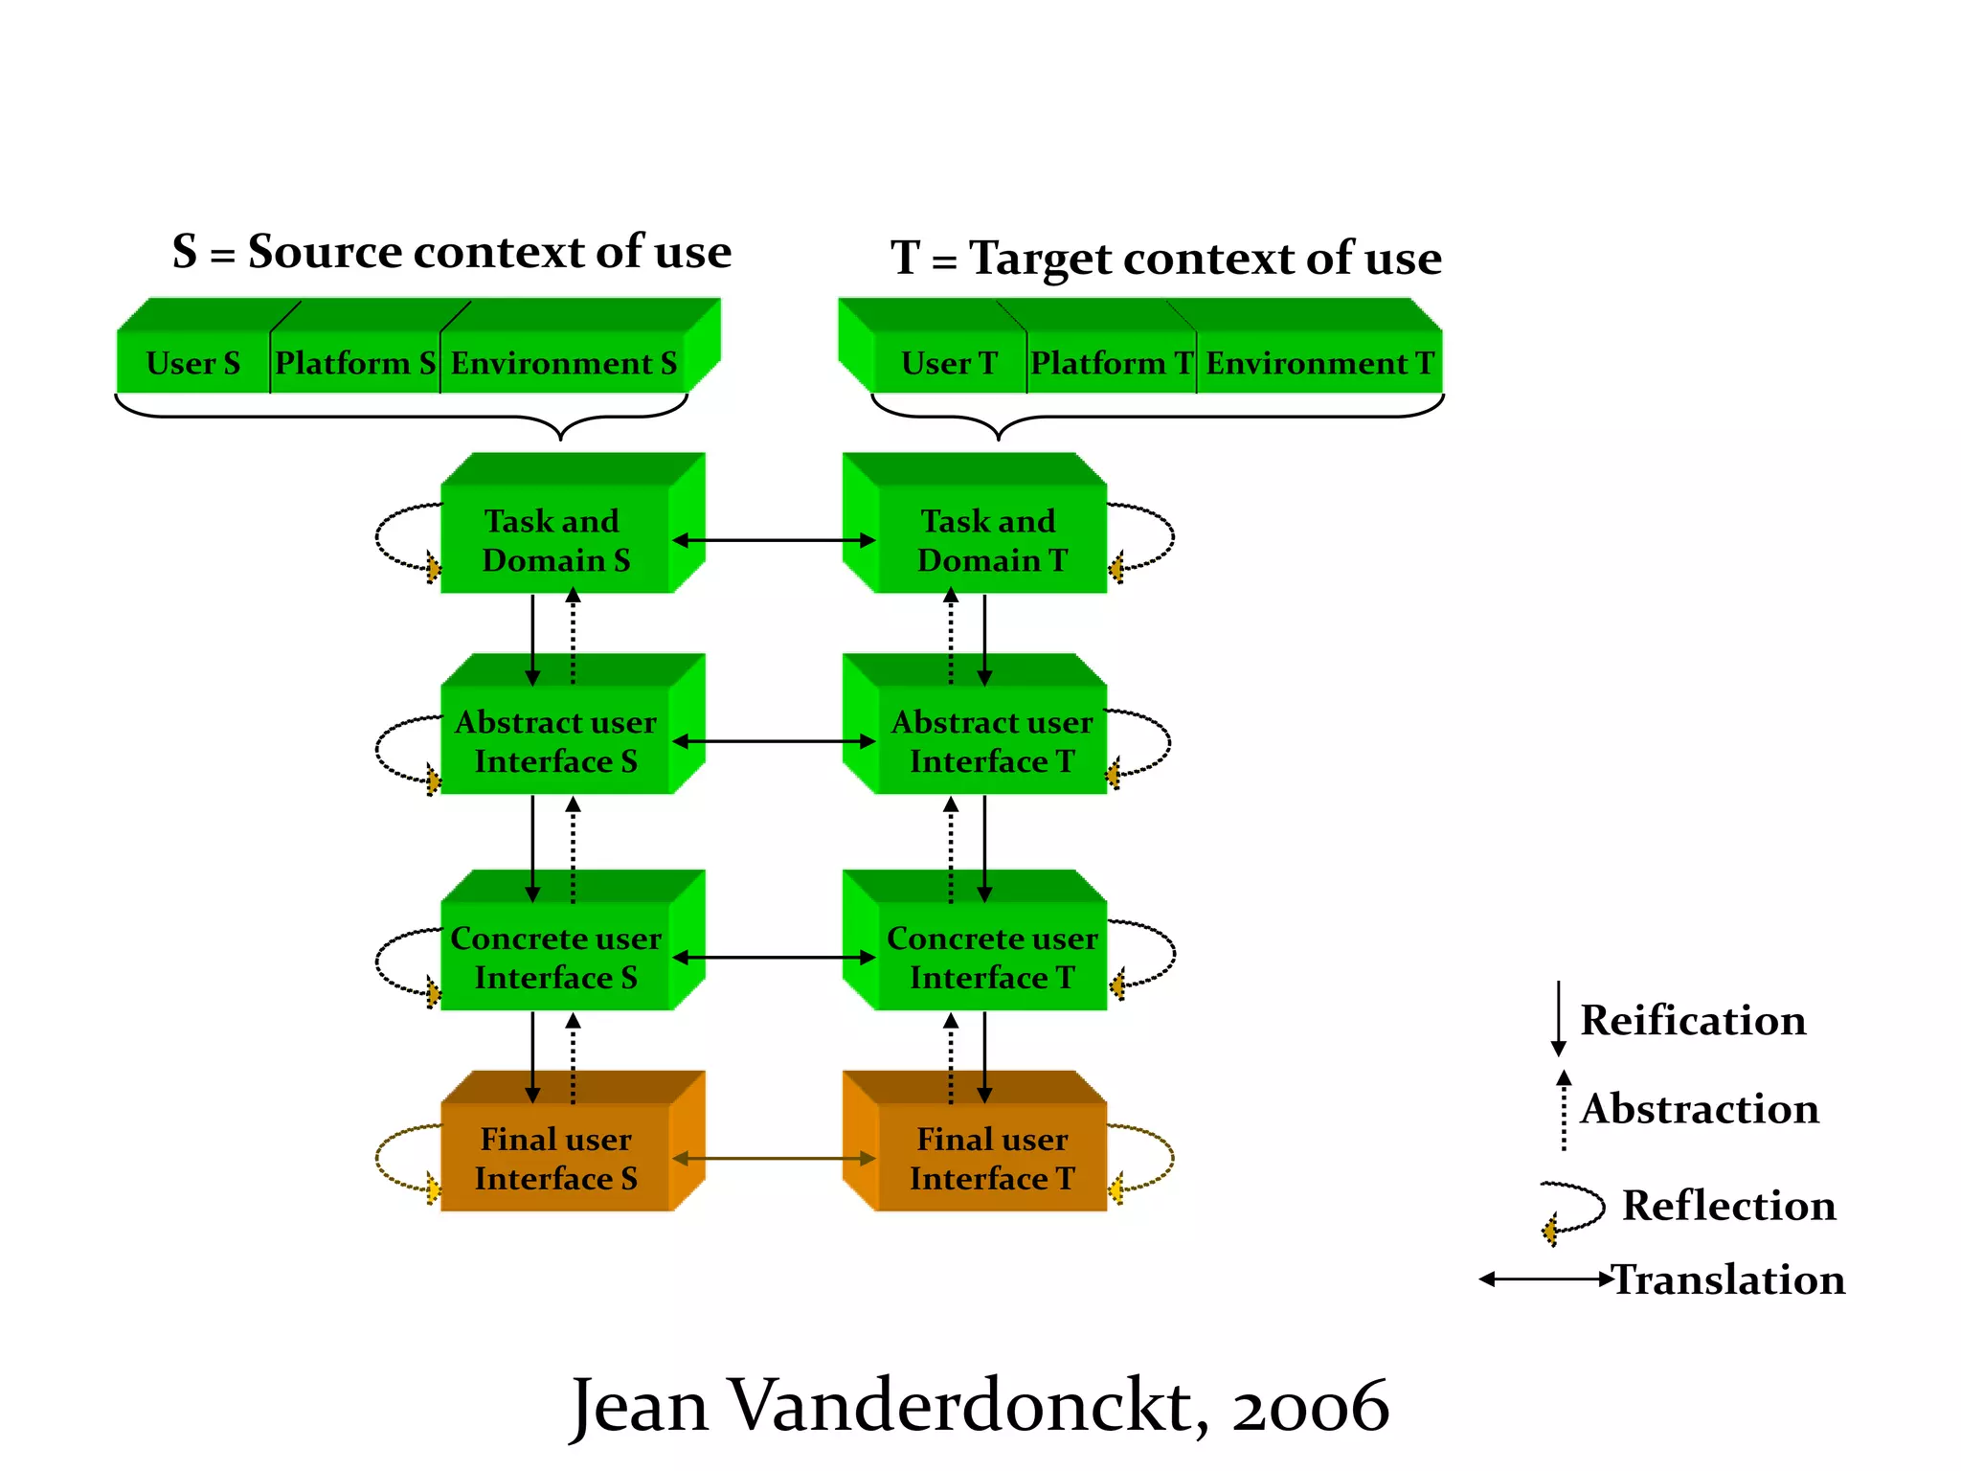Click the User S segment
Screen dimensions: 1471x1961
192,363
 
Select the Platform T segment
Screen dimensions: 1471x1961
1111,363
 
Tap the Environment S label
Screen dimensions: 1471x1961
563,363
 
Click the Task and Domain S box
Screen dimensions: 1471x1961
555,539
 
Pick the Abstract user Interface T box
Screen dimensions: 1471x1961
991,740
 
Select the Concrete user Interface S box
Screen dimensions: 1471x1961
555,957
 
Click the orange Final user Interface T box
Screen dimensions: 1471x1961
991,1158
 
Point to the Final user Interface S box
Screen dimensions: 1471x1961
555,1158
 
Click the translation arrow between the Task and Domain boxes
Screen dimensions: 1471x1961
774,540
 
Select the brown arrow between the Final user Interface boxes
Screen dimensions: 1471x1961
774,1159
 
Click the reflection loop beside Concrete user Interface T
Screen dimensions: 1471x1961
1159,954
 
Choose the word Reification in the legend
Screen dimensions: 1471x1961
1693,1020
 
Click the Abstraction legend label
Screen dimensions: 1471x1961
1700,1108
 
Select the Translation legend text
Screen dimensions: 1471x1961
1729,1279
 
